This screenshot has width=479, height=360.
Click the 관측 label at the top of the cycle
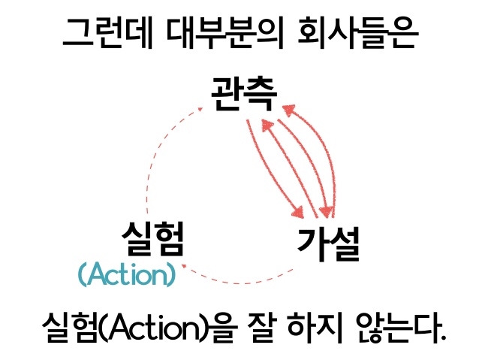[x=244, y=94]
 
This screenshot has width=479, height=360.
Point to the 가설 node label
[x=329, y=242]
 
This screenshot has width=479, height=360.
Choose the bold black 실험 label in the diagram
[x=153, y=241]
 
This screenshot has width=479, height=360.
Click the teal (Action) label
[x=127, y=275]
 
